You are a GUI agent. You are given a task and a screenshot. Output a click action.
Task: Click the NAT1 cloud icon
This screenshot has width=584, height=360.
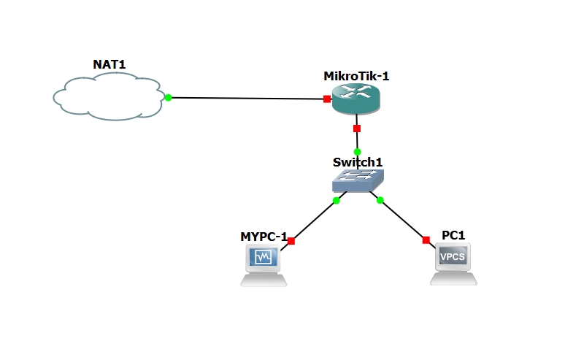108,96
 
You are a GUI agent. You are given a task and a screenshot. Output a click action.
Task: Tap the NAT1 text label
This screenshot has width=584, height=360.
109,64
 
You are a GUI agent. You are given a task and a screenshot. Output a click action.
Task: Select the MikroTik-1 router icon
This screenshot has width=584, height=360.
356,99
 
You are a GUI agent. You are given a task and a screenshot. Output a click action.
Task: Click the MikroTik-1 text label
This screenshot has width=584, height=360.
356,77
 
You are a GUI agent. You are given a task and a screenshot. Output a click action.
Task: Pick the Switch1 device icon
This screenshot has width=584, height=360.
357,180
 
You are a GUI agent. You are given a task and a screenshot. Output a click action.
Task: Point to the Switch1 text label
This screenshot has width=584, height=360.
358,162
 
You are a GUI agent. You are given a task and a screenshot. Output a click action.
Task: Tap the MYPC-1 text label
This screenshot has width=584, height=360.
264,237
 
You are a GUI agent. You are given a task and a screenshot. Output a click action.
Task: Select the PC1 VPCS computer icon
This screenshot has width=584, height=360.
453,263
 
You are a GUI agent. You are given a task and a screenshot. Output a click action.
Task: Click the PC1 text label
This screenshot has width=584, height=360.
453,235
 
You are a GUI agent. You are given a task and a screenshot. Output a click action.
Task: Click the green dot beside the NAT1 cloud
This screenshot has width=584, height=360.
168,97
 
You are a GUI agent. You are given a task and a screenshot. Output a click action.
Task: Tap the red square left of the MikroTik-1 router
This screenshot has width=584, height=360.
328,99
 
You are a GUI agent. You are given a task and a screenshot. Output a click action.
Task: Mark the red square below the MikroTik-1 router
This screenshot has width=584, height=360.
357,129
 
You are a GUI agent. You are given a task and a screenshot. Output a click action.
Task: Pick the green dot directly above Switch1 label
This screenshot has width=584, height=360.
357,152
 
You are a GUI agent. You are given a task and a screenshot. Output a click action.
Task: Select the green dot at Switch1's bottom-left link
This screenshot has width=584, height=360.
336,200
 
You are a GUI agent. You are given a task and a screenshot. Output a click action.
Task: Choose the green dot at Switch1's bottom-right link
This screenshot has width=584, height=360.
380,200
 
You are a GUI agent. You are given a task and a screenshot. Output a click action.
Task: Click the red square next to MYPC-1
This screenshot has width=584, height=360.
291,240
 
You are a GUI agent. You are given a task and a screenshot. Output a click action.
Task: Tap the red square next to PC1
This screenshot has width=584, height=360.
426,240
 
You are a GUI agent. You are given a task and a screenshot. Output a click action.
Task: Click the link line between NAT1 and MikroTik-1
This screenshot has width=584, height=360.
248,98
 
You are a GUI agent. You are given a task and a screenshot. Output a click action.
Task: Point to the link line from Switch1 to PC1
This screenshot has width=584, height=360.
403,220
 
